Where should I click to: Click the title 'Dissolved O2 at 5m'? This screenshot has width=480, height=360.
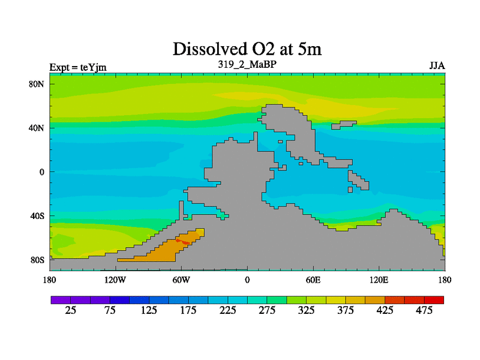(x=247, y=49)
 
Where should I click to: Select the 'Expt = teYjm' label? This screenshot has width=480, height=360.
(x=78, y=67)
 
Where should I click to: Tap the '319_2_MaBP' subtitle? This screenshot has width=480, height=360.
(x=247, y=63)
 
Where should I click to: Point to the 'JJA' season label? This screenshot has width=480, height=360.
(x=436, y=65)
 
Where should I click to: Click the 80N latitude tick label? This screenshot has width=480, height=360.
(x=37, y=84)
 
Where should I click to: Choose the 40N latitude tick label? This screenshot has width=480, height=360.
(x=37, y=128)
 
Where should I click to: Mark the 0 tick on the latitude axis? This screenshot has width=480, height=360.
(x=43, y=172)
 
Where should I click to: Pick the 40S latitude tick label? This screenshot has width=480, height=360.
(x=37, y=216)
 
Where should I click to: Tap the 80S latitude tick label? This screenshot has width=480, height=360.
(x=37, y=260)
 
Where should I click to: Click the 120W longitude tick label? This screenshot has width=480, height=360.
(x=115, y=280)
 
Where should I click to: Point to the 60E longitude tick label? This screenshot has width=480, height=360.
(x=313, y=280)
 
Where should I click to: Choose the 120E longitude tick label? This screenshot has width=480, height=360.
(x=379, y=280)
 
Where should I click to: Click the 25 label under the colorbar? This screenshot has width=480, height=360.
(x=71, y=310)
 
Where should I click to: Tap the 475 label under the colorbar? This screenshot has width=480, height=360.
(x=424, y=310)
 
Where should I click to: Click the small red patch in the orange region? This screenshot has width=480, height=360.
(x=182, y=242)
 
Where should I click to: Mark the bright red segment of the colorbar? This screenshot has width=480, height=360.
(x=434, y=299)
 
